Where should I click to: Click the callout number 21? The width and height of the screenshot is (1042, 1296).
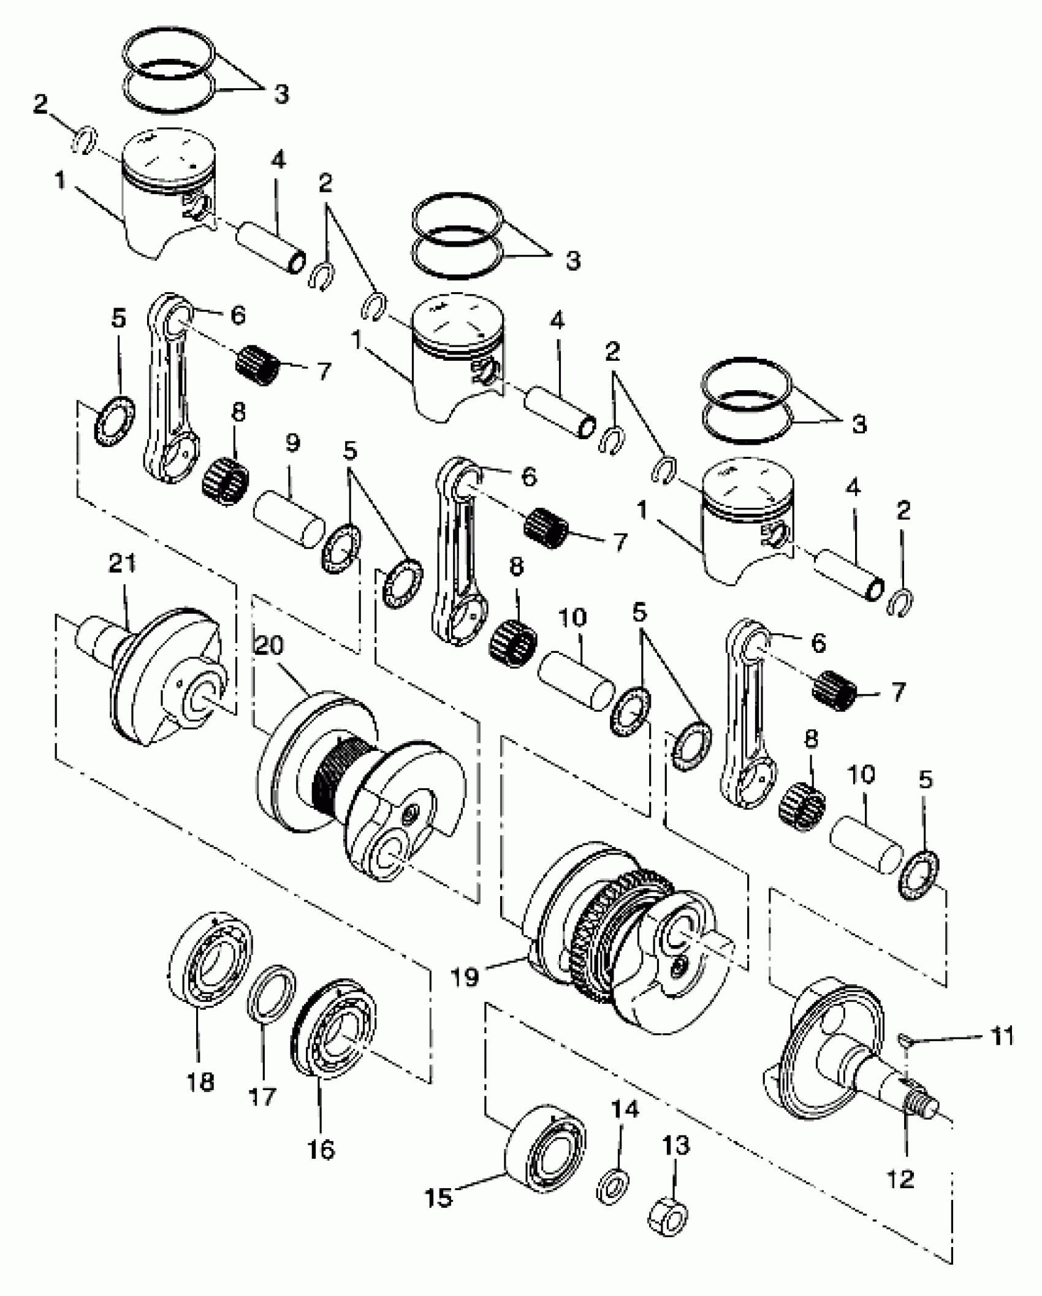coord(122,564)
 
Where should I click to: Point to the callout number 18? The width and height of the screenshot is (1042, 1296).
coord(200,1082)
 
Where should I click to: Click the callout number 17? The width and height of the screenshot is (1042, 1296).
coord(262,1096)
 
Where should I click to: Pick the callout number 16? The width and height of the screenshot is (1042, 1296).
coord(321,1150)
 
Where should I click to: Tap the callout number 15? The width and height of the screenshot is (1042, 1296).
coord(439,1198)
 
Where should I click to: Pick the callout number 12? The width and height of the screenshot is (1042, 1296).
coord(900,1179)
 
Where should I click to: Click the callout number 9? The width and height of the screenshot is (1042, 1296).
coord(292,443)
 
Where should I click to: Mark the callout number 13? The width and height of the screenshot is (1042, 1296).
coord(676,1145)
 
